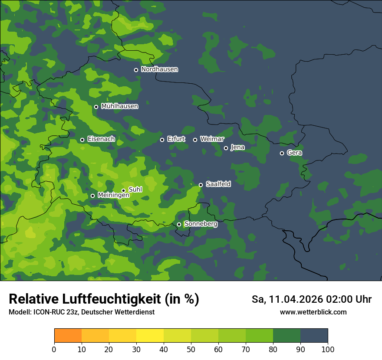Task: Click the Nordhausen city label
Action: (159, 69)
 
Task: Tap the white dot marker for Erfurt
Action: (162, 140)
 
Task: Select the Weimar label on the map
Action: (212, 139)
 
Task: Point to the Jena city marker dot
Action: (226, 148)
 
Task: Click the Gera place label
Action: (294, 153)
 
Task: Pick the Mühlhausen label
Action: (119, 106)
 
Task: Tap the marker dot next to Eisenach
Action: (82, 140)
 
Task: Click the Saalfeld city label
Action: (218, 184)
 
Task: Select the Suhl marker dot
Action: (123, 190)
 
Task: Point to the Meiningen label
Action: (113, 196)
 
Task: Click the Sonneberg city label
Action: (201, 224)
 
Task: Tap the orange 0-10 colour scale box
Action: (68, 336)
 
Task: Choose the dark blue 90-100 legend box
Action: (314, 336)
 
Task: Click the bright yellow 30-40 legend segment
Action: (150, 336)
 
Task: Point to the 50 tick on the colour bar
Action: (191, 349)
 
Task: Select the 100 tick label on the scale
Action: (328, 349)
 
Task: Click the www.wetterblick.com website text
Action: (313, 312)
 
